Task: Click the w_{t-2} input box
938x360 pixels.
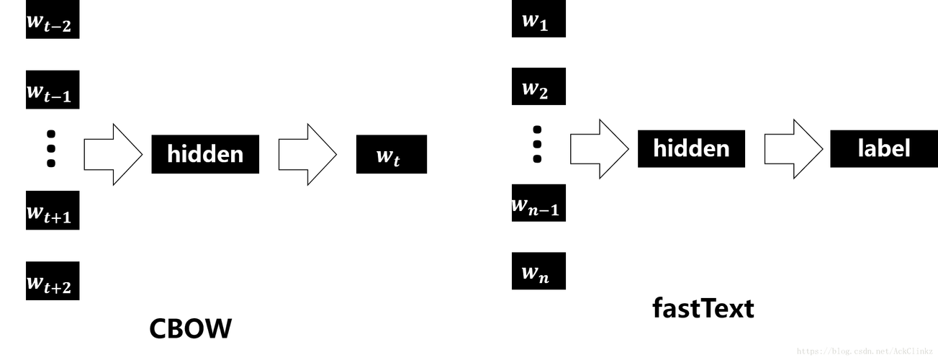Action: click(x=53, y=19)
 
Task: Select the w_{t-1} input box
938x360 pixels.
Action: click(x=53, y=89)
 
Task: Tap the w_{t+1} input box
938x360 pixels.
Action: click(x=53, y=210)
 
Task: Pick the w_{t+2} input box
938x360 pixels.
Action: click(x=53, y=281)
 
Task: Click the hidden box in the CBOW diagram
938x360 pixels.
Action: click(x=205, y=154)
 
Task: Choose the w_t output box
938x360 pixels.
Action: click(x=392, y=154)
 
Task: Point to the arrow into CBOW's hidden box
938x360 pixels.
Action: click(x=113, y=155)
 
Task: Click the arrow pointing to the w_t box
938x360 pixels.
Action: click(x=308, y=155)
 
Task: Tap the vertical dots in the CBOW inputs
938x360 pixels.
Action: click(x=51, y=148)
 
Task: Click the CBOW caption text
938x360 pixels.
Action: click(x=191, y=328)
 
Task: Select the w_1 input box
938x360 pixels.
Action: click(x=538, y=19)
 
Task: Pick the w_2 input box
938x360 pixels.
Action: click(x=538, y=86)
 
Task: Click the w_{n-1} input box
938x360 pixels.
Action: click(x=538, y=203)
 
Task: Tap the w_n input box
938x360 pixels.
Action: click(x=538, y=271)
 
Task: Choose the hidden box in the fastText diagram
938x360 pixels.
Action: click(x=691, y=148)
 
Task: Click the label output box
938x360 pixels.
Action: click(x=884, y=148)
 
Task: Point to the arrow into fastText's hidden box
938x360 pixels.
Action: click(x=599, y=149)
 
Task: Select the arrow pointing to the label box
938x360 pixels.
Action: click(x=793, y=149)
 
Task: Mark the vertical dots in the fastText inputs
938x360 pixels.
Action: click(x=537, y=145)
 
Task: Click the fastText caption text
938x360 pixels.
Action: click(x=703, y=308)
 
